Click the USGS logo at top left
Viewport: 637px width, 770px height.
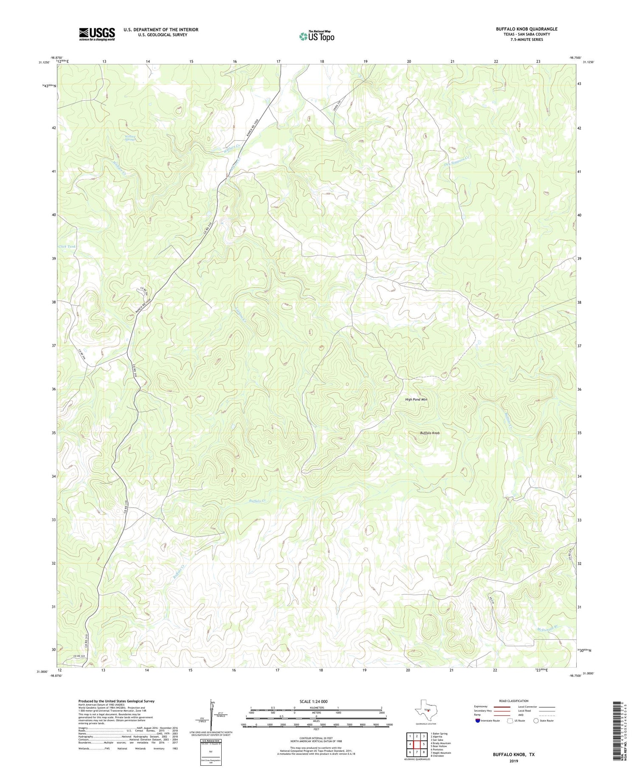(x=97, y=34)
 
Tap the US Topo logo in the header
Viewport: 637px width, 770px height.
(x=316, y=36)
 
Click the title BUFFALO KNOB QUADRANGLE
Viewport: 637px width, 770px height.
(x=526, y=29)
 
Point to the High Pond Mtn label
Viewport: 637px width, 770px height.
(x=416, y=400)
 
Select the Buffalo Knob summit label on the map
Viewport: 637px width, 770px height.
(x=430, y=433)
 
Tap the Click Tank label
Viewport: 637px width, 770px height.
(x=67, y=246)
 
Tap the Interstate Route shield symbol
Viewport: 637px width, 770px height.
(x=478, y=721)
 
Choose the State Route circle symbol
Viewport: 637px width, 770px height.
(x=536, y=721)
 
